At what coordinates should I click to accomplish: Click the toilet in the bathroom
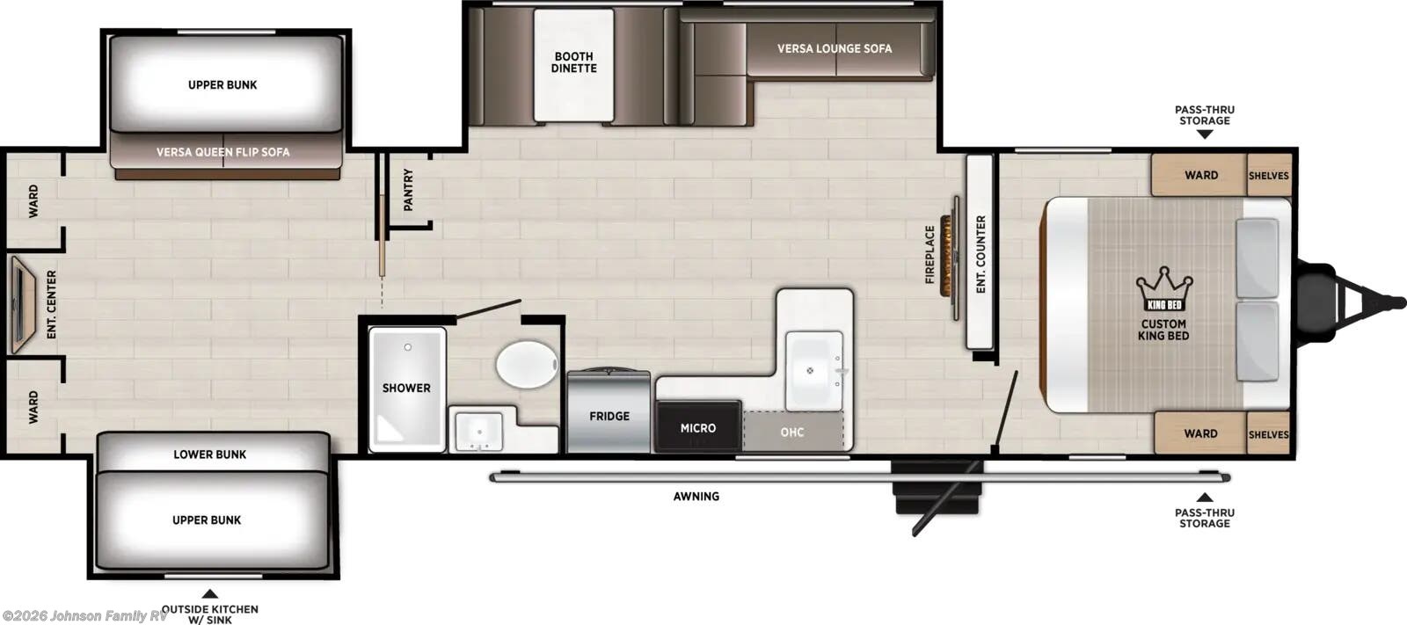point(527,364)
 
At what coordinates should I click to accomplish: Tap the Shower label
point(406,389)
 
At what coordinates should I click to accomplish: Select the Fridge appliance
point(609,411)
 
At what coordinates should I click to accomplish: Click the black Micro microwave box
point(698,426)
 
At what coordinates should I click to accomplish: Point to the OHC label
point(792,432)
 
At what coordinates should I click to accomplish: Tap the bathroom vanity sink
point(478,432)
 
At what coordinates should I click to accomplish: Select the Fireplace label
point(930,254)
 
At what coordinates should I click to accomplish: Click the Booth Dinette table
point(573,65)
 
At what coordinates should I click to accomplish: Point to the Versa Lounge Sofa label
point(835,48)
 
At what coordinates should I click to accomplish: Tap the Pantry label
point(408,190)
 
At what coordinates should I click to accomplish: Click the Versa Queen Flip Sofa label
point(223,152)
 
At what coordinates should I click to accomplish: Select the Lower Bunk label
point(210,454)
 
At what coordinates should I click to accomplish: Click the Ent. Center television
point(22,305)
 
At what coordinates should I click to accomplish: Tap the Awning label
point(696,497)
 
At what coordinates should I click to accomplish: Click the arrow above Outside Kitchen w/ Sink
point(210,593)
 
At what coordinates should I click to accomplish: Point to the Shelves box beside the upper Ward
point(1268,175)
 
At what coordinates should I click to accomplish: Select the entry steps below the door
point(937,487)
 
